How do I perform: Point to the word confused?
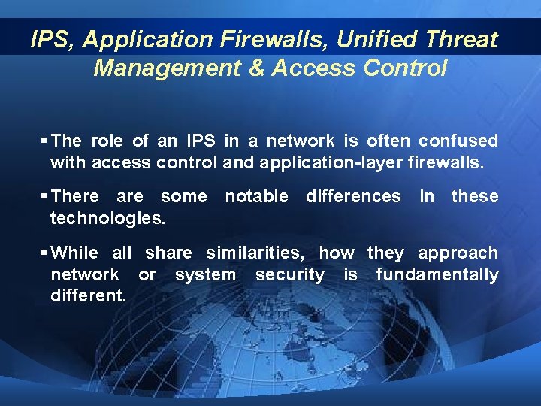458,141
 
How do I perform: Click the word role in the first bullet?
108,141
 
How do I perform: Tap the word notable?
256,196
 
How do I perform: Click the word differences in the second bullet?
353,196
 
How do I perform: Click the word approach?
458,253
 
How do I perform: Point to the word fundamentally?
437,274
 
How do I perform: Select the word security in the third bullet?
290,274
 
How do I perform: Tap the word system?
204,274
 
